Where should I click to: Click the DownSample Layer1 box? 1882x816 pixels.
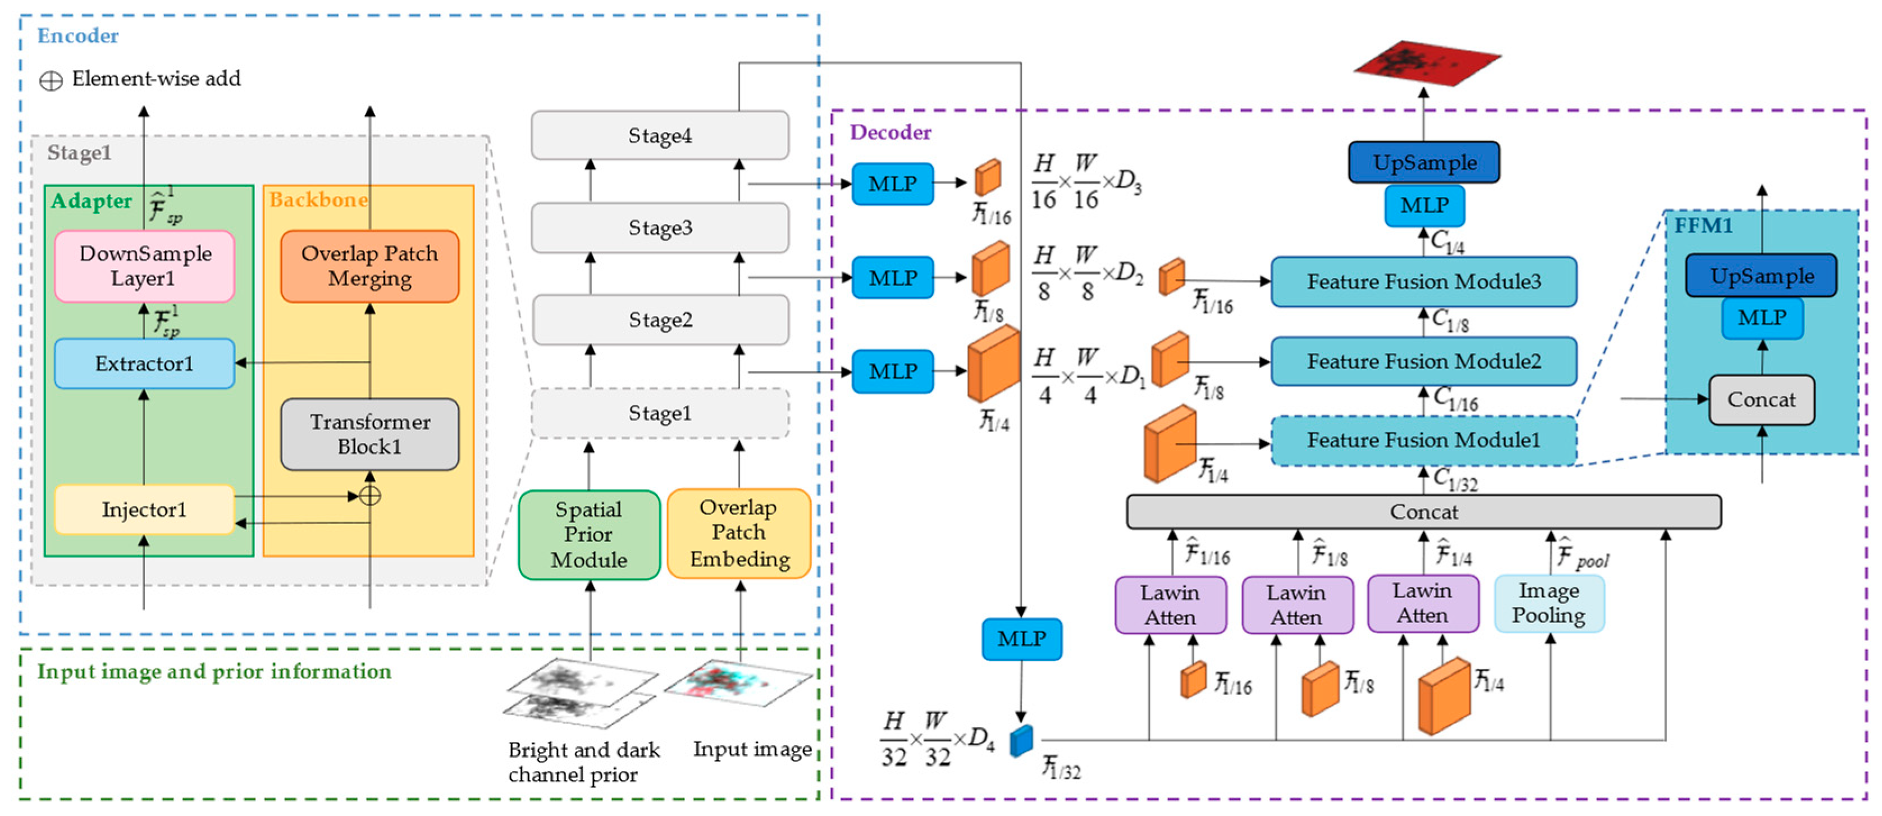point(144,266)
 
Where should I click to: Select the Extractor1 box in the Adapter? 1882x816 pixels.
point(144,363)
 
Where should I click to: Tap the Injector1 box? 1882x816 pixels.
point(144,509)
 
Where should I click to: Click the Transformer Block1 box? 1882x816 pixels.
point(369,434)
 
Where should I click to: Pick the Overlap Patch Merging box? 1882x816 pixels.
point(369,266)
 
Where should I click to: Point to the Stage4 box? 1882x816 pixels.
point(660,135)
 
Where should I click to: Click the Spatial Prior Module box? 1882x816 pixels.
point(589,535)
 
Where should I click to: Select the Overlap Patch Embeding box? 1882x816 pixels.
point(739,533)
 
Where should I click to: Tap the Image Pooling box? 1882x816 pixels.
point(1549,603)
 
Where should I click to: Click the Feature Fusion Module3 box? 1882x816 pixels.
point(1423,281)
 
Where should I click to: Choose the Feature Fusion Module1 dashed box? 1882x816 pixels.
point(1423,441)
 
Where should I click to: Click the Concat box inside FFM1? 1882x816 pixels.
point(1761,400)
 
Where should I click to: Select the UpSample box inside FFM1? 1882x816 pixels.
point(1761,276)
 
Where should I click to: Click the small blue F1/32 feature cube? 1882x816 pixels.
point(1021,740)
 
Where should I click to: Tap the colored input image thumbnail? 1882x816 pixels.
point(738,682)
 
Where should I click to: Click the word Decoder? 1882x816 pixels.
point(890,132)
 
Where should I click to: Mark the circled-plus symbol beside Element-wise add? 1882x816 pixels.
point(51,80)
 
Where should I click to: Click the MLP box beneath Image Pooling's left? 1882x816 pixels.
point(1021,639)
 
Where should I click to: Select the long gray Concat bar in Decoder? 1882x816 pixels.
point(1423,512)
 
